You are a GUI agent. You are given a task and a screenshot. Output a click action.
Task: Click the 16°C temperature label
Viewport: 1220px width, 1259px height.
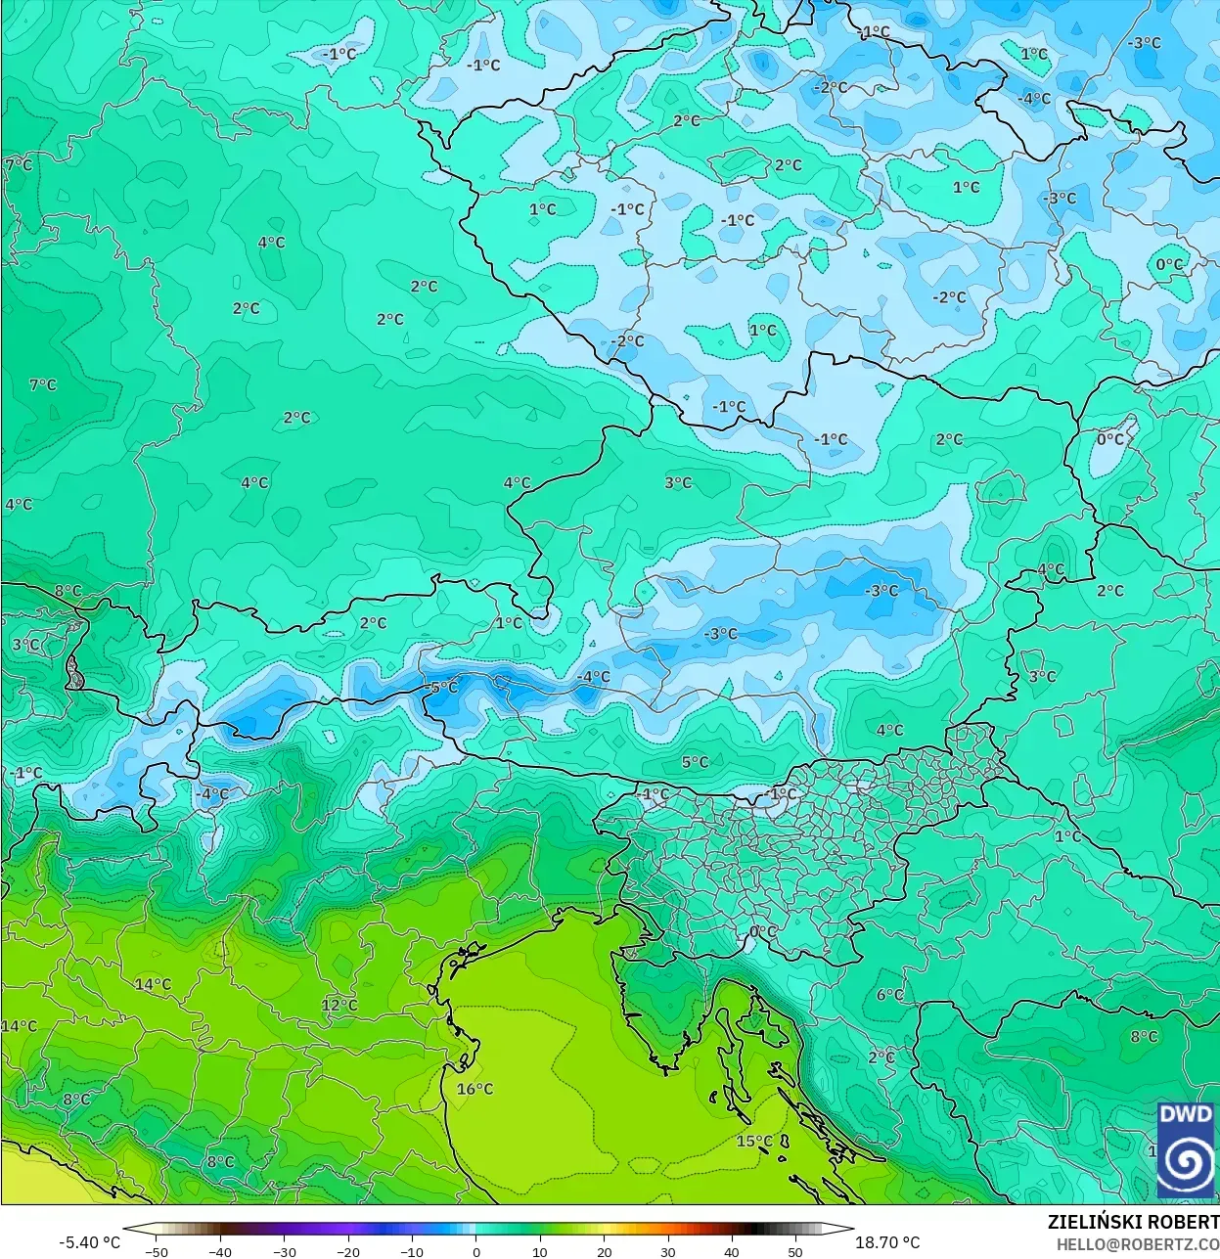click(474, 1089)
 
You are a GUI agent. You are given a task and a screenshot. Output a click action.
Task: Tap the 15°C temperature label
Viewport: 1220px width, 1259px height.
click(754, 1141)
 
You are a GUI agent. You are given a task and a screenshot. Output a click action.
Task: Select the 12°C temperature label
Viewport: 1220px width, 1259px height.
click(339, 1005)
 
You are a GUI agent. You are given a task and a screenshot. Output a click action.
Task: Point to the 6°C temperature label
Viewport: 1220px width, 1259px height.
click(890, 995)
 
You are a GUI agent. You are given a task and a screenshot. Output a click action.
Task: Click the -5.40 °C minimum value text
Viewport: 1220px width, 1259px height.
click(90, 1242)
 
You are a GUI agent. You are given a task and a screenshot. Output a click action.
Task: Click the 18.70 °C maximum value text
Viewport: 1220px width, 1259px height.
click(887, 1242)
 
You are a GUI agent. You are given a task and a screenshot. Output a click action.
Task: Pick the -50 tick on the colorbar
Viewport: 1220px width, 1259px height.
click(156, 1252)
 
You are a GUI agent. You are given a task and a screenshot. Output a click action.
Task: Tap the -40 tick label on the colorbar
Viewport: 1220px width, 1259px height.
click(220, 1252)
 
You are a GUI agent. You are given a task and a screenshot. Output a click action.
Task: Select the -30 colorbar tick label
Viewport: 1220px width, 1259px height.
click(284, 1252)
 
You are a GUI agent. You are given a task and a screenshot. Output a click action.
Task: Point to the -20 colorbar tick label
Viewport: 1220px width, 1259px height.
click(348, 1252)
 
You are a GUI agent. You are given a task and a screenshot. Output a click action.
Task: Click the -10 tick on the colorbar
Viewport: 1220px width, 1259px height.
click(412, 1252)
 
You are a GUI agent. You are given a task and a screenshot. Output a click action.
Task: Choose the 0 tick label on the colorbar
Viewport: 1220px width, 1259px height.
click(476, 1252)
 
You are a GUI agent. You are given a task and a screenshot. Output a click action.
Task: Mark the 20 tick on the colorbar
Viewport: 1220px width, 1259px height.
click(605, 1252)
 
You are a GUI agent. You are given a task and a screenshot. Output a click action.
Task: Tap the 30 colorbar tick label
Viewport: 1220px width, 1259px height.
click(668, 1252)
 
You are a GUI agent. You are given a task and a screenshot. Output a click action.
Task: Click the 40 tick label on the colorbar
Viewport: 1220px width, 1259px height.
click(732, 1252)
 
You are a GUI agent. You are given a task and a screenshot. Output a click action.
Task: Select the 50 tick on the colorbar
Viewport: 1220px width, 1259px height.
click(795, 1252)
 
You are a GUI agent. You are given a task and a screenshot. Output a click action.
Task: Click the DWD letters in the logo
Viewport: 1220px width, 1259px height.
click(1186, 1114)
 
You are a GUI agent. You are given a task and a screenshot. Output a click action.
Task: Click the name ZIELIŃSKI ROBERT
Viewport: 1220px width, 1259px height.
click(1133, 1222)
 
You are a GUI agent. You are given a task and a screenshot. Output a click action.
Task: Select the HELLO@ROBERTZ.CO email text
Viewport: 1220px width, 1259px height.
click(1137, 1243)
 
